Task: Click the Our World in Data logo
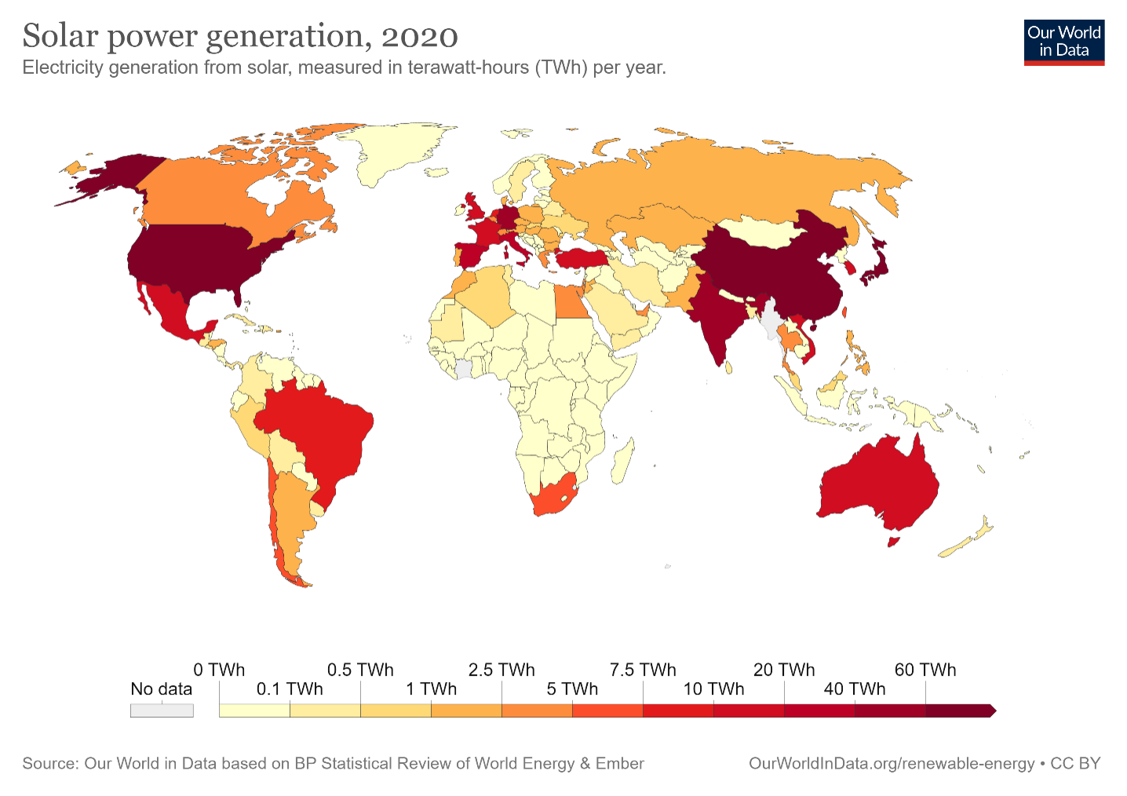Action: (1063, 42)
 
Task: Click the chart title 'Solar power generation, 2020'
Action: (240, 36)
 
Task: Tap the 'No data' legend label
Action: (161, 689)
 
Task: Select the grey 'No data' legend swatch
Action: (162, 710)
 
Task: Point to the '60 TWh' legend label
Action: (925, 670)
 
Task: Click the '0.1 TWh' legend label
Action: (290, 689)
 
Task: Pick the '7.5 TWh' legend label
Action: (643, 670)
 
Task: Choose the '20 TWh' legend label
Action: (784, 670)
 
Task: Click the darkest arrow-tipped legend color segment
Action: (960, 710)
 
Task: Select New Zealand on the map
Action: (969, 538)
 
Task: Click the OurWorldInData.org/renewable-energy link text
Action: (892, 763)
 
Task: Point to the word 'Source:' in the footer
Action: (50, 763)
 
